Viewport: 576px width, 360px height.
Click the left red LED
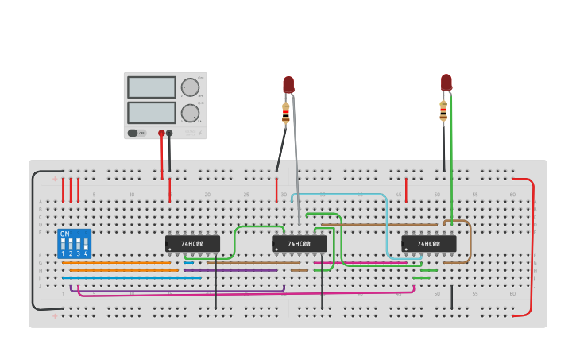coord(288,84)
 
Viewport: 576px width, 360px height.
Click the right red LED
coord(446,82)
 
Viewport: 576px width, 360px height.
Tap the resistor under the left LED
coord(286,114)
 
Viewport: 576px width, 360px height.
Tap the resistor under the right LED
coord(443,111)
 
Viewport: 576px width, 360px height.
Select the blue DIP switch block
coord(74,243)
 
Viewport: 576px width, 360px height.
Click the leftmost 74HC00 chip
coord(192,243)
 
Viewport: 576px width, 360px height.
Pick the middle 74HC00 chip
coord(299,243)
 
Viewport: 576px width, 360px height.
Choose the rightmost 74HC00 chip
coord(428,243)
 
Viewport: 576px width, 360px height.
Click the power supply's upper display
coord(151,87)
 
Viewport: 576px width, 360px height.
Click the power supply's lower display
coord(151,112)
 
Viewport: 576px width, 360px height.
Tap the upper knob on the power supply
coord(190,87)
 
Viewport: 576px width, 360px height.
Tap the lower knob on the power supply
coord(190,113)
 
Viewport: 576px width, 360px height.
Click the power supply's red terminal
coord(161,134)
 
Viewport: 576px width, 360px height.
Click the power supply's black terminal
coord(169,134)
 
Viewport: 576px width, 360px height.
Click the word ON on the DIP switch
coord(65,234)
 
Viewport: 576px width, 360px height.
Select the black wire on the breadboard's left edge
coord(33,238)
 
